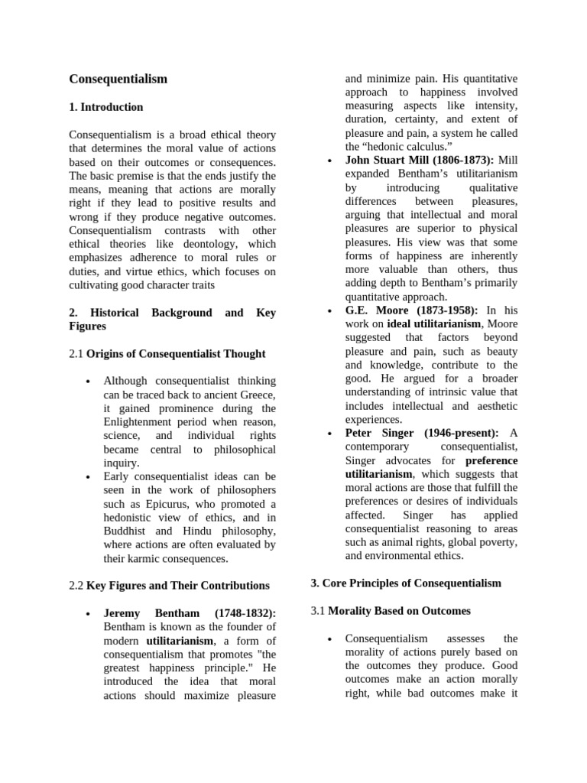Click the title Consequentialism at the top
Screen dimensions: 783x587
[x=118, y=79]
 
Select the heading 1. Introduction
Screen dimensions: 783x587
[x=106, y=107]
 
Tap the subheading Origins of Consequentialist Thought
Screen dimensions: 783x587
[x=176, y=353]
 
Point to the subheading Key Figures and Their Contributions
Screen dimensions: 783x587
[x=178, y=586]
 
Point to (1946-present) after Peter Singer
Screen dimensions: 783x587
[x=460, y=433]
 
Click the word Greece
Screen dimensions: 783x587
[x=257, y=395]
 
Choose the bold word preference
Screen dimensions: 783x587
[x=491, y=460]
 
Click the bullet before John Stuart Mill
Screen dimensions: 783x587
[x=328, y=161]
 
